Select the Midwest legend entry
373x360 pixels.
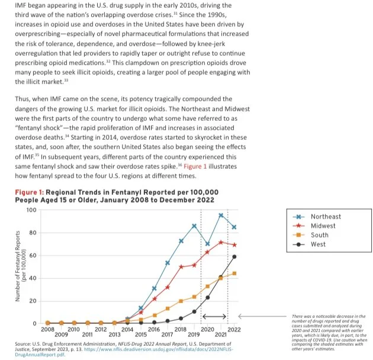click(323, 226)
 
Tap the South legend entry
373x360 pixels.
click(319, 234)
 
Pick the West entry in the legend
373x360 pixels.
click(318, 244)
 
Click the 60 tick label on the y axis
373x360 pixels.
click(33, 256)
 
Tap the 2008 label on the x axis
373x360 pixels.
click(47, 329)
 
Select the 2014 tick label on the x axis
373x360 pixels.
click(127, 329)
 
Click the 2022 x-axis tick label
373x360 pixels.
click(234, 329)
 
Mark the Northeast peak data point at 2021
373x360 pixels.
click(221, 215)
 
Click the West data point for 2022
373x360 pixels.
click(234, 256)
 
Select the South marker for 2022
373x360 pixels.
click(234, 273)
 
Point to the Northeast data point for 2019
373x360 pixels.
click(194, 226)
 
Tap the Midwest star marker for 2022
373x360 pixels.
click(234, 245)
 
